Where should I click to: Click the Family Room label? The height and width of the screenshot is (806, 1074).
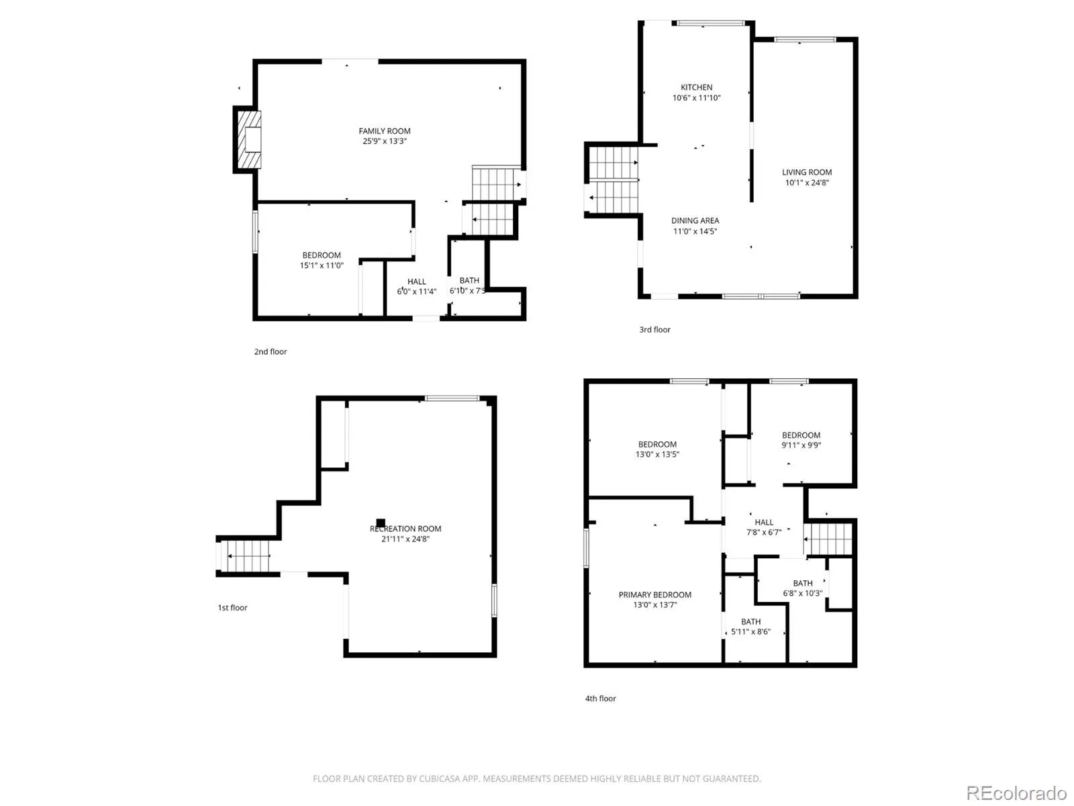click(x=384, y=131)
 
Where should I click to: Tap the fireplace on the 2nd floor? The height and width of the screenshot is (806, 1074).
click(x=248, y=140)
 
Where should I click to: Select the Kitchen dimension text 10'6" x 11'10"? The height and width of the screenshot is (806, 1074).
click(x=696, y=97)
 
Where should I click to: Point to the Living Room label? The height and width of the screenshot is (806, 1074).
click(x=806, y=172)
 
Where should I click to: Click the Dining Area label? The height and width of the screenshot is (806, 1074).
click(x=695, y=220)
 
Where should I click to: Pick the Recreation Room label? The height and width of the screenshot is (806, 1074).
click(x=405, y=529)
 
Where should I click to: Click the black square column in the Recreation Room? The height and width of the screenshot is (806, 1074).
click(x=380, y=523)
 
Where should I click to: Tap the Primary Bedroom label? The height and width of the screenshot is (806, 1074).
click(x=654, y=594)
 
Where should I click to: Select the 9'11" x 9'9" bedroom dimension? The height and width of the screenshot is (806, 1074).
click(x=801, y=445)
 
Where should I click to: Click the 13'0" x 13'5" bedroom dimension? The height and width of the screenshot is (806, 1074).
click(x=657, y=454)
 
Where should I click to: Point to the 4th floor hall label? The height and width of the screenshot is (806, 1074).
click(x=763, y=522)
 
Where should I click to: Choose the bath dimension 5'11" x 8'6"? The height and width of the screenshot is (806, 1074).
click(x=750, y=631)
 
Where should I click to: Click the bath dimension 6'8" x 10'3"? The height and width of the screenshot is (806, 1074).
click(x=802, y=593)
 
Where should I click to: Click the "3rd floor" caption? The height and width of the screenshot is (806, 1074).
click(x=654, y=329)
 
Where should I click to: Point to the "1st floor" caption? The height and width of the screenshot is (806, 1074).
click(x=232, y=607)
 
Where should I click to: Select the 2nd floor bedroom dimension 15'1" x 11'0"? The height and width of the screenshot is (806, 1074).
click(x=322, y=265)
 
